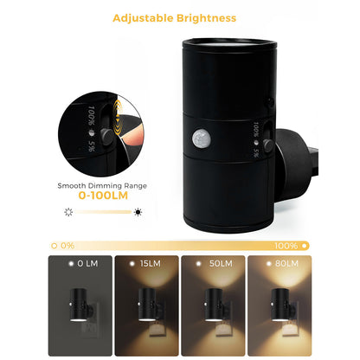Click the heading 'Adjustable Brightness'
tap(180, 17)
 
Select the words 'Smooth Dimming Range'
tap(101, 184)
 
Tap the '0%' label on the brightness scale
tap(67, 246)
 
